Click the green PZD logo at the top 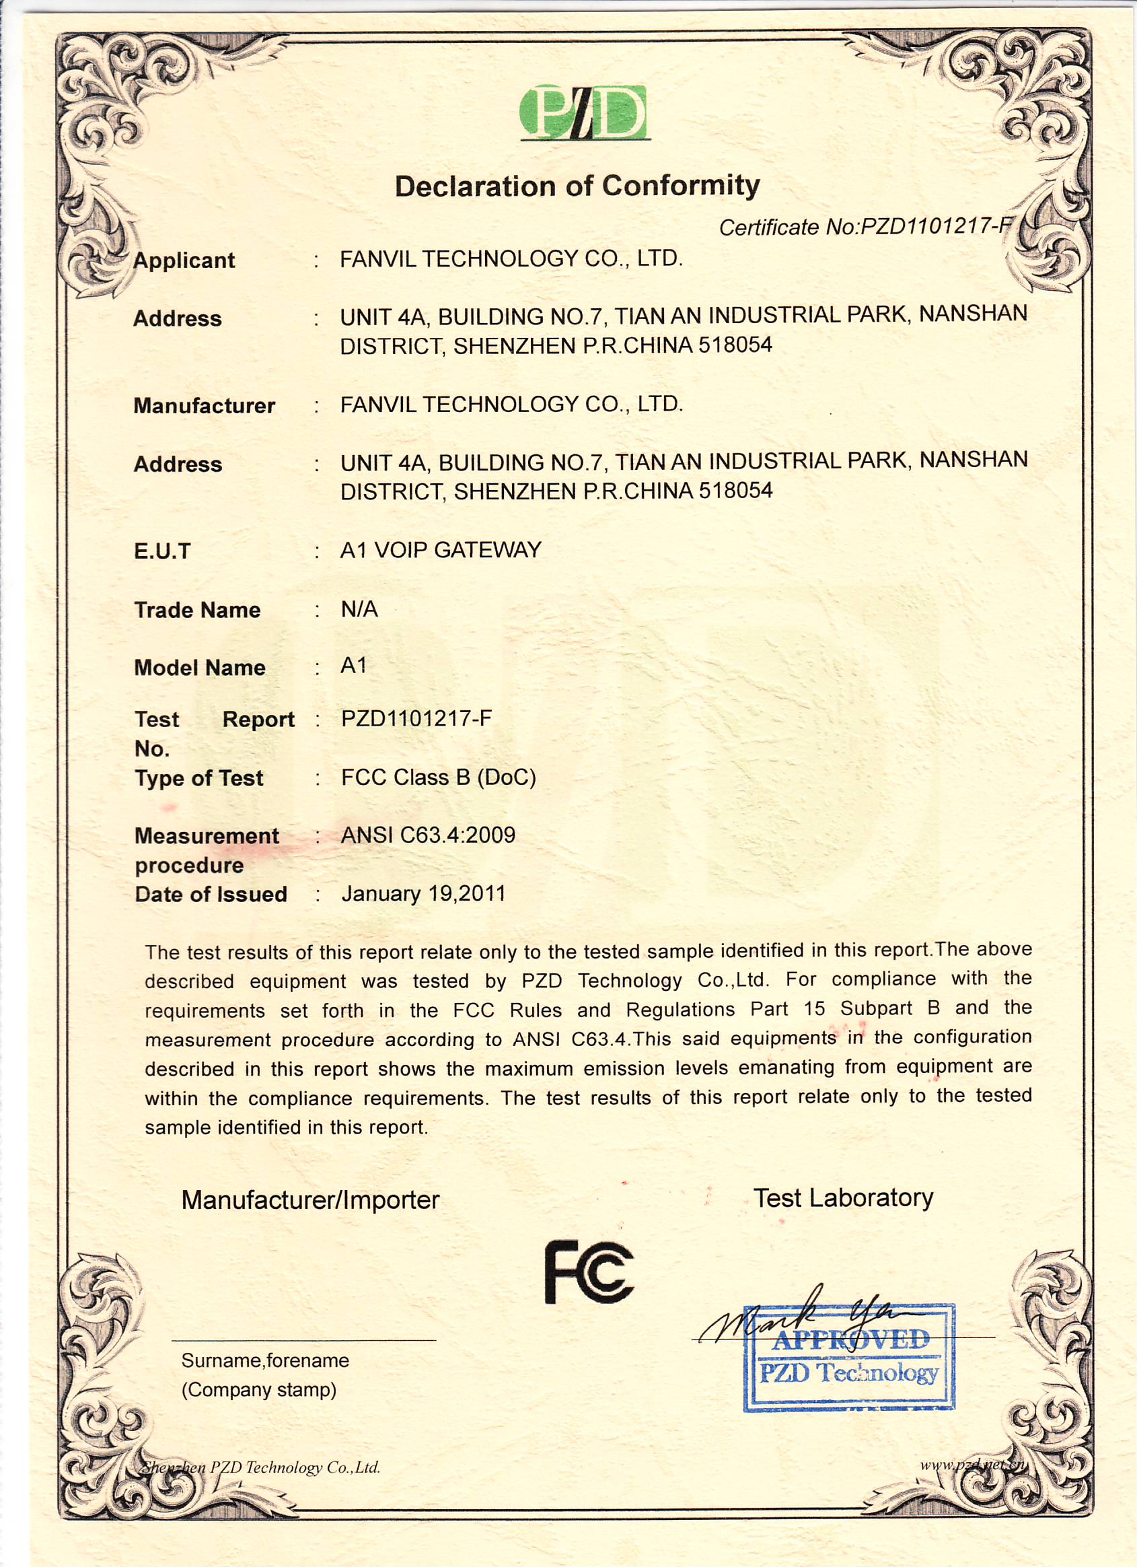tap(585, 112)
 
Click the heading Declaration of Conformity tap(577, 186)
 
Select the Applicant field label tap(184, 260)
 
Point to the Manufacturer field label tap(205, 406)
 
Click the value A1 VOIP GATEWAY tap(441, 550)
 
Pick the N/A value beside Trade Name tap(359, 608)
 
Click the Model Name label tap(200, 668)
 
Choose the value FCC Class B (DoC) tap(439, 777)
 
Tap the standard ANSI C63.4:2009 tap(429, 835)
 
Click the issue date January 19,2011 tap(423, 893)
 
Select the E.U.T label tap(162, 551)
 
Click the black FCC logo tap(589, 1272)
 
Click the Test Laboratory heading tap(843, 1197)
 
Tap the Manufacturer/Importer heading tap(310, 1199)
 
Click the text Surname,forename tap(265, 1360)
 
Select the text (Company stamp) tap(259, 1389)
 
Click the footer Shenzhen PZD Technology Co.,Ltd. tap(261, 1467)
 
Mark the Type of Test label tap(199, 778)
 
